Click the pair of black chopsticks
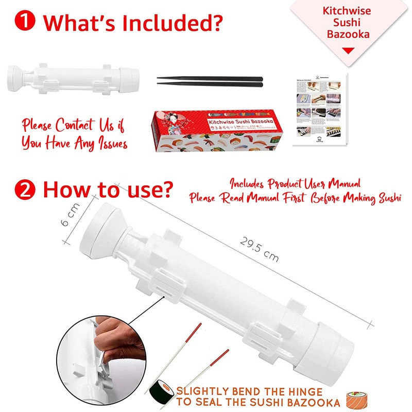[210, 81]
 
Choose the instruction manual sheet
[320, 109]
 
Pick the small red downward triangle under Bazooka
[349, 50]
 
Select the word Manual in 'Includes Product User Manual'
[341, 184]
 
